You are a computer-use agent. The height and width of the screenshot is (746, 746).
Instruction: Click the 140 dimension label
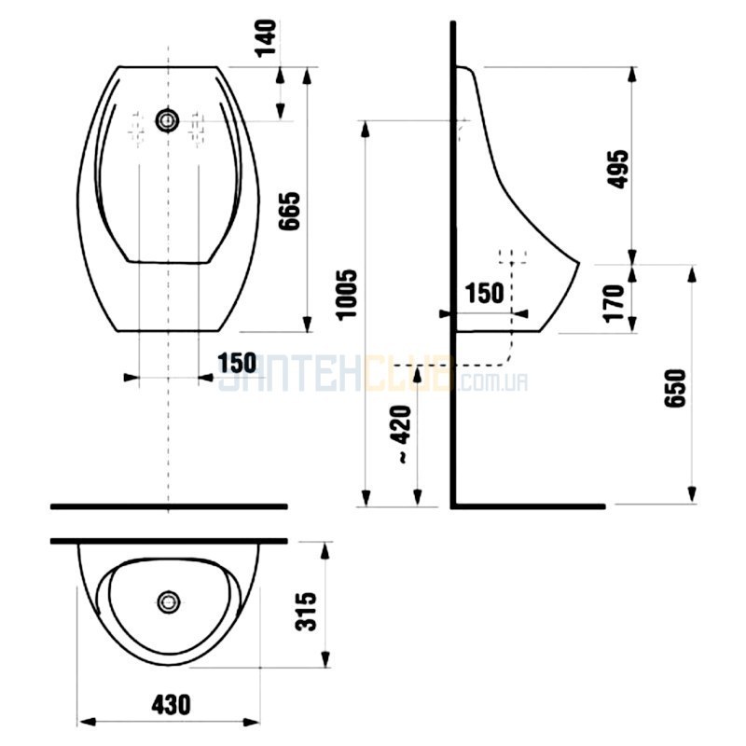266,38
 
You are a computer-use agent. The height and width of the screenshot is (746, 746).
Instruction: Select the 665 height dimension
289,212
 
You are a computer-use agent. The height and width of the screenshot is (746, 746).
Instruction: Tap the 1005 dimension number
346,295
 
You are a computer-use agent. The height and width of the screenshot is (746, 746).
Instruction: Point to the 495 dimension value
618,170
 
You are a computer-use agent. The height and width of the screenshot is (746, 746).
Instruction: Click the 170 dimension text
614,304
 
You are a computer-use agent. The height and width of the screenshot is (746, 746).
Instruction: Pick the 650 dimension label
675,388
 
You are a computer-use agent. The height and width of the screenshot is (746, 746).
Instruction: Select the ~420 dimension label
401,434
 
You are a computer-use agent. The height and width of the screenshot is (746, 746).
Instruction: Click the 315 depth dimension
306,612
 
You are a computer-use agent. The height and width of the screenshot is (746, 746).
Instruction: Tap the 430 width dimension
172,705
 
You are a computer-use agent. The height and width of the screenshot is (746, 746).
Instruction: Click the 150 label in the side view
484,293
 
